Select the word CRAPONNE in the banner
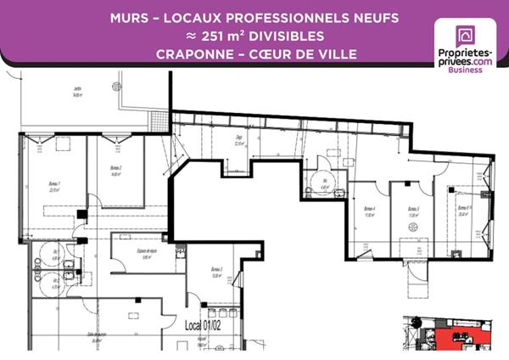[191, 54]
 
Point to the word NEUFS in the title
[359, 18]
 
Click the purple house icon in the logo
[465, 37]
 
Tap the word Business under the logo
[465, 70]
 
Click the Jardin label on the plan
[77, 91]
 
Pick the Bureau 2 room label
[115, 169]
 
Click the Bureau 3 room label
[216, 272]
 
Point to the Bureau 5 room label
[414, 210]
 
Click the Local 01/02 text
[203, 324]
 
